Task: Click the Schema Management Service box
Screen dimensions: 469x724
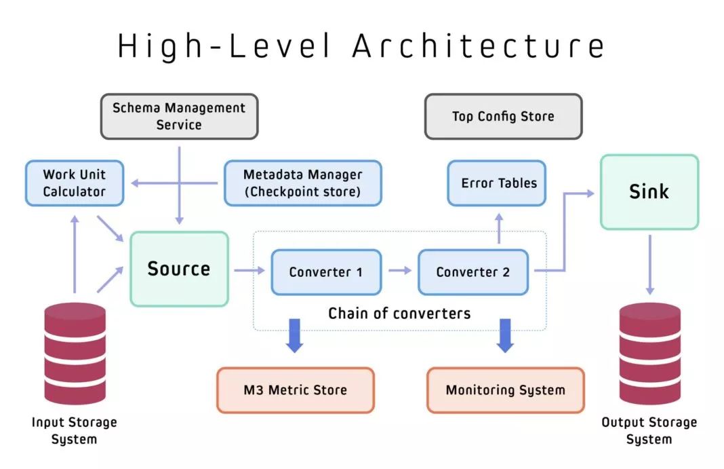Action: point(179,116)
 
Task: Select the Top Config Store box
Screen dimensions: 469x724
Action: point(503,116)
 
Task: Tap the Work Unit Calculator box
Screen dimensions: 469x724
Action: point(75,183)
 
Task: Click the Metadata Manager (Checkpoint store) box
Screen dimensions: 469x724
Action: point(302,183)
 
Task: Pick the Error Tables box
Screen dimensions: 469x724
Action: point(497,183)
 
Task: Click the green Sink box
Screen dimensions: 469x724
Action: point(649,191)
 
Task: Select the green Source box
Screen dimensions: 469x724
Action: point(179,269)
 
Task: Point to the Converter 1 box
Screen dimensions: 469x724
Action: point(326,272)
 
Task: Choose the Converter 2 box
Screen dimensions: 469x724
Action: point(472,272)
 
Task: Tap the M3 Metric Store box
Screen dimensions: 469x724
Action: point(295,390)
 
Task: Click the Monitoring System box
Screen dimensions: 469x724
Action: point(505,390)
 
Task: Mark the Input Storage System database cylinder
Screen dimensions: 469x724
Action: point(75,353)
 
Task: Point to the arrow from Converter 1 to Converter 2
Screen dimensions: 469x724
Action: point(399,271)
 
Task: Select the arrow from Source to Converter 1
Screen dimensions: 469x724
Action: point(249,271)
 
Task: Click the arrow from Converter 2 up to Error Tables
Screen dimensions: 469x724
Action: point(499,228)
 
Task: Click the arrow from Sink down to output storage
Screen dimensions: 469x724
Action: point(649,265)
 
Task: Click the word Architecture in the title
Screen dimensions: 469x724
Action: point(479,46)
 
